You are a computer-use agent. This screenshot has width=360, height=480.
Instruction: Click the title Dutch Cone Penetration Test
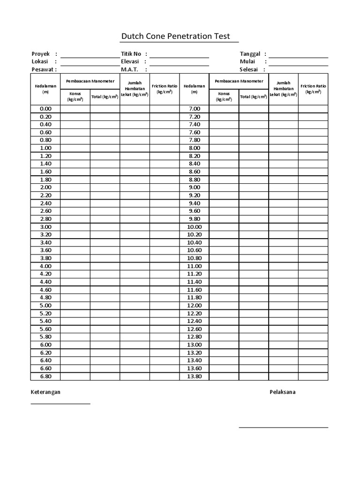(x=176, y=36)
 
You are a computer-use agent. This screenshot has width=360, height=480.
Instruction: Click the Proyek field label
(x=41, y=54)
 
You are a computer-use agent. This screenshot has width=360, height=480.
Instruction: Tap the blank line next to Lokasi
(x=90, y=61)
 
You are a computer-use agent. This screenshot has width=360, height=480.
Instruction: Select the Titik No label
(x=131, y=54)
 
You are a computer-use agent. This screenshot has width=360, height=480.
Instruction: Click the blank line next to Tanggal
(x=299, y=54)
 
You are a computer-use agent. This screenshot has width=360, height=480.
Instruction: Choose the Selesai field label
(x=249, y=69)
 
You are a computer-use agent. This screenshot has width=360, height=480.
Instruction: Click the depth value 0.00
(x=46, y=109)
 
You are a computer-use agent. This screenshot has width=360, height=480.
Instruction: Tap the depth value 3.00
(x=46, y=227)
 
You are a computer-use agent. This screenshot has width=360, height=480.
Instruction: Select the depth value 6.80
(x=46, y=376)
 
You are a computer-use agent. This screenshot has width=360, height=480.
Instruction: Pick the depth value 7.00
(x=194, y=109)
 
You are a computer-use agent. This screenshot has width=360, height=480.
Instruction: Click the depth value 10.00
(x=194, y=227)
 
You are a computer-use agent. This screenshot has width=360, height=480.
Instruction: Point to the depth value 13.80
(x=194, y=376)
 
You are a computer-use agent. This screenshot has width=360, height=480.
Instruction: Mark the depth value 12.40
(x=194, y=321)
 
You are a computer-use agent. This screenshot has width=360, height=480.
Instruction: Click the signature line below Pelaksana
(x=283, y=427)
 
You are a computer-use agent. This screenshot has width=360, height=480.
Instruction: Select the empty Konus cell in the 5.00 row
(x=75, y=306)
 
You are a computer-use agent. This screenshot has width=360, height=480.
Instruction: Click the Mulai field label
(x=247, y=61)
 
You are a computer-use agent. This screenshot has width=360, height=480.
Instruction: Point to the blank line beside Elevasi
(x=179, y=61)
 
